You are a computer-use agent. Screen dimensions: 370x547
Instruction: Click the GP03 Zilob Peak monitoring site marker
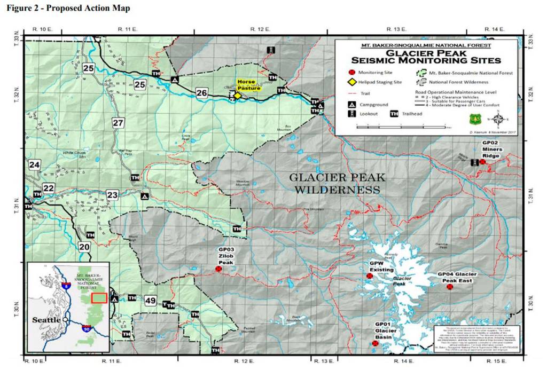coord(218,269)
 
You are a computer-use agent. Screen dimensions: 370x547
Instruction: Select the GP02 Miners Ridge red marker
coord(482,162)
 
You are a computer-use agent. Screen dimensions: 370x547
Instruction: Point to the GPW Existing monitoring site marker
coord(369,276)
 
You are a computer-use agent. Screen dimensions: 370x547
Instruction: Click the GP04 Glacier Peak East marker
coord(450,287)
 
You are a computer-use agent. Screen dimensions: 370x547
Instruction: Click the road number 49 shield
coord(150,301)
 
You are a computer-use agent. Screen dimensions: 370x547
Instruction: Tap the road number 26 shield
coord(202,93)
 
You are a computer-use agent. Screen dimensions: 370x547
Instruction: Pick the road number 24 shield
coord(35,165)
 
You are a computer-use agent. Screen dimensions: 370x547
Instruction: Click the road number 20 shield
coord(84,247)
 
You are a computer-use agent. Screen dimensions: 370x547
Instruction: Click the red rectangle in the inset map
coord(99,297)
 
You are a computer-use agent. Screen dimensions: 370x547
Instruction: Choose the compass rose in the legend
coord(497,119)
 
